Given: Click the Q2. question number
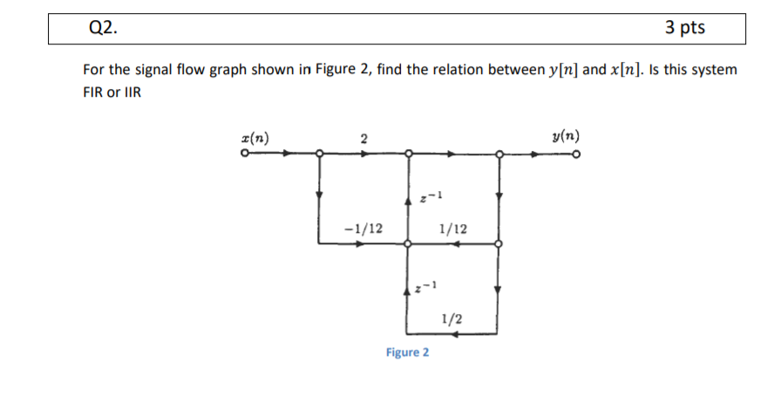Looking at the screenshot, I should coord(103,28).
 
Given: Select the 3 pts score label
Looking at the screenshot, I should coord(684,28).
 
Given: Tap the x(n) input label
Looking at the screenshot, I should coord(255,138).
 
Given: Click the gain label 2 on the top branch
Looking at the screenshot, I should coord(363,138).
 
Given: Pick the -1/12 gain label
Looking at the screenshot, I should coord(363,229).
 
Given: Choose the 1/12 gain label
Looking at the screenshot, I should coord(453,229).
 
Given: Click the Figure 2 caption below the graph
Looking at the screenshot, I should coord(407,352).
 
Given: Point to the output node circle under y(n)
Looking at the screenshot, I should coord(576,154).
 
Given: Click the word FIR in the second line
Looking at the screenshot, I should coord(92,92).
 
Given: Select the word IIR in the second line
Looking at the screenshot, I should coord(129,92).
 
